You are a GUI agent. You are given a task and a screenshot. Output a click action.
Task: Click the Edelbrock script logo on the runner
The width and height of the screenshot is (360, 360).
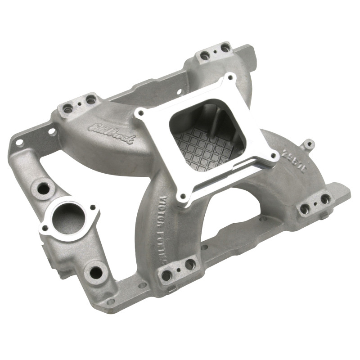point(112,133)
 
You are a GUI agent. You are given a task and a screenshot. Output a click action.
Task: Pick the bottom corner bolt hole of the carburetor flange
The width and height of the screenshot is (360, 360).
point(181,196)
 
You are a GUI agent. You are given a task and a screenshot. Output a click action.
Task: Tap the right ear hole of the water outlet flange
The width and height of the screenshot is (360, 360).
point(93,207)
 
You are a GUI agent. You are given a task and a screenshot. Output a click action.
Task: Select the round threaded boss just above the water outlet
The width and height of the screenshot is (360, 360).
point(43,189)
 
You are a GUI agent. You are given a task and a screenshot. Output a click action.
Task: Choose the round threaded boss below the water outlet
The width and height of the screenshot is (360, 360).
point(95,272)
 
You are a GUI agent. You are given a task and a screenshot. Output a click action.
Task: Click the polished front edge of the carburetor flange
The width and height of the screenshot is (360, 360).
point(225,180)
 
